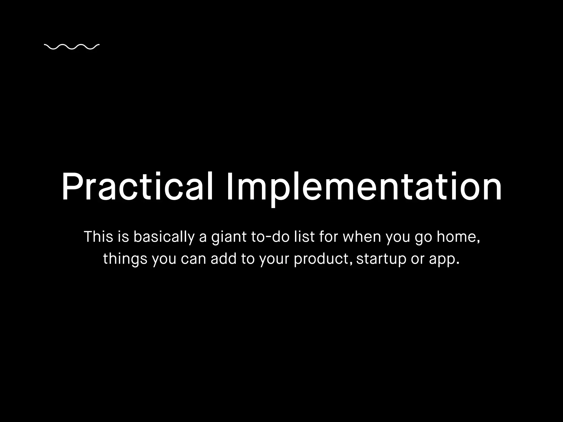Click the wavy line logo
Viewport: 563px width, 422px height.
click(x=71, y=47)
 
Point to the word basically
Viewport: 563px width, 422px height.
click(x=164, y=237)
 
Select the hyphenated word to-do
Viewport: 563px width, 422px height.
click(x=270, y=237)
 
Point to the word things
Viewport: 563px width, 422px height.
click(x=125, y=259)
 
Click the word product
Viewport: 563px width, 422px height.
click(x=322, y=259)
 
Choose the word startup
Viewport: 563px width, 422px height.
click(x=381, y=259)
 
